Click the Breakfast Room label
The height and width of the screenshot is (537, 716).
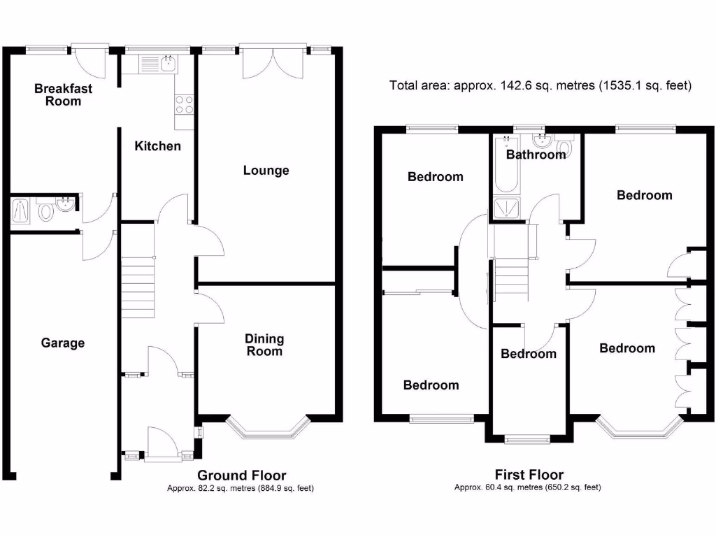click(63, 95)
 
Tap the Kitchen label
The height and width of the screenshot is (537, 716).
click(157, 146)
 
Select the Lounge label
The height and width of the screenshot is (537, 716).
click(266, 171)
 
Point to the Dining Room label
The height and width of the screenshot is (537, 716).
click(264, 345)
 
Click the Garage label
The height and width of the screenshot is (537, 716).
click(62, 343)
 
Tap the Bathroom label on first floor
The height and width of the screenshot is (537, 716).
click(536, 155)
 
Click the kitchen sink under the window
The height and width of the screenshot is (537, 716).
click(167, 65)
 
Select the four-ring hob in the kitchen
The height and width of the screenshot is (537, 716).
click(184, 104)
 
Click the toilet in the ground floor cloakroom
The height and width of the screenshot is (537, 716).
click(45, 210)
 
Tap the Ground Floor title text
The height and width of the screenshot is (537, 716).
click(242, 476)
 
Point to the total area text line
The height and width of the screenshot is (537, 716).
click(540, 86)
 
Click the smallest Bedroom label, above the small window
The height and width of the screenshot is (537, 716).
click(528, 354)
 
